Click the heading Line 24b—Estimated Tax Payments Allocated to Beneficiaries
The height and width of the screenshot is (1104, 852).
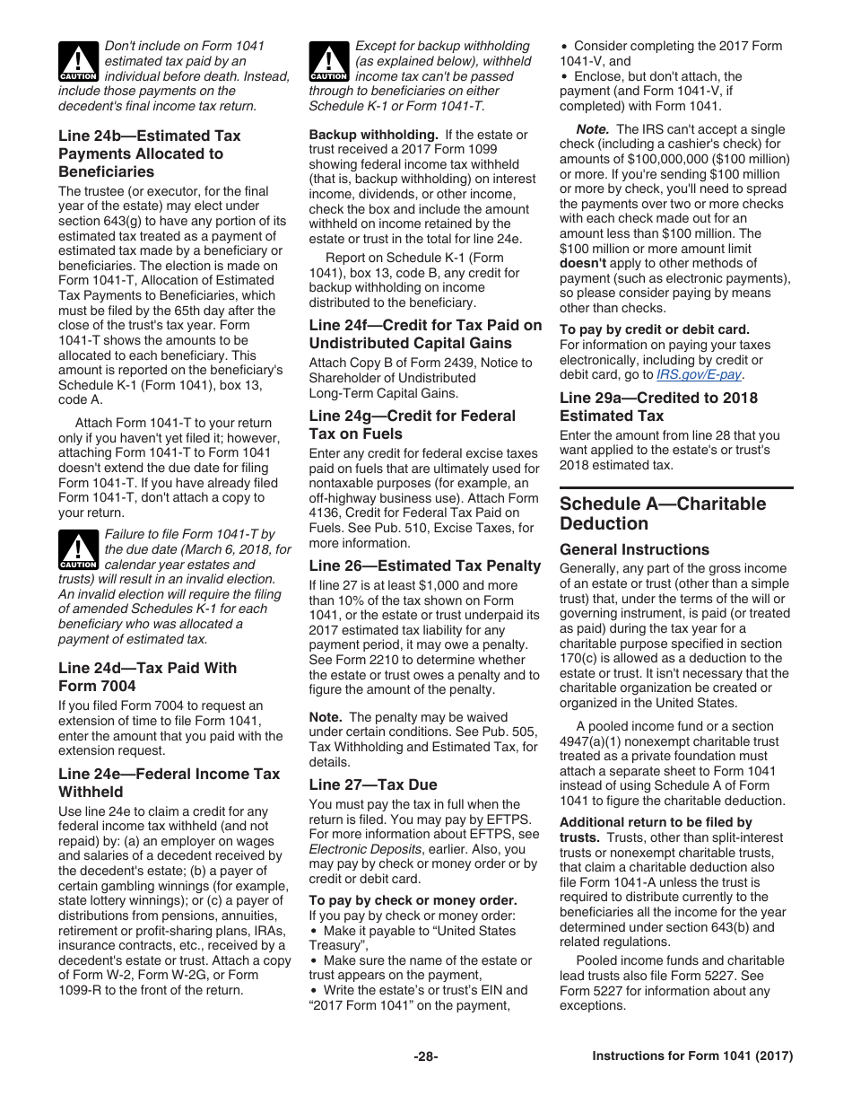[149, 153]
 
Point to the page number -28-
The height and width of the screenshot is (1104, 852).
[425, 1056]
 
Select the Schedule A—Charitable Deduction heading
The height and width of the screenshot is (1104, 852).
[663, 513]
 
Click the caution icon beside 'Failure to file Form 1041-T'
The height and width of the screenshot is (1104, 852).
[78, 550]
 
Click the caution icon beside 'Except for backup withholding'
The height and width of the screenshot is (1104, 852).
[329, 61]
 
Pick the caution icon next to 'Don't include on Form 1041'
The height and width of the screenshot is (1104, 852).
[78, 61]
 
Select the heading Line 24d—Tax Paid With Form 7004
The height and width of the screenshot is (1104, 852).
[147, 677]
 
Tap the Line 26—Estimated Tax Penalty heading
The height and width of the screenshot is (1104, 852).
[425, 565]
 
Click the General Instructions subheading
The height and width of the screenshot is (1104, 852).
[634, 549]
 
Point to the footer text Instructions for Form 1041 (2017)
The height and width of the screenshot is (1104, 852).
[692, 1056]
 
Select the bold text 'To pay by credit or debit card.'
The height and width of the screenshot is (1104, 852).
[655, 329]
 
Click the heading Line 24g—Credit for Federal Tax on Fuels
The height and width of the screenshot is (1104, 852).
[412, 425]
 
